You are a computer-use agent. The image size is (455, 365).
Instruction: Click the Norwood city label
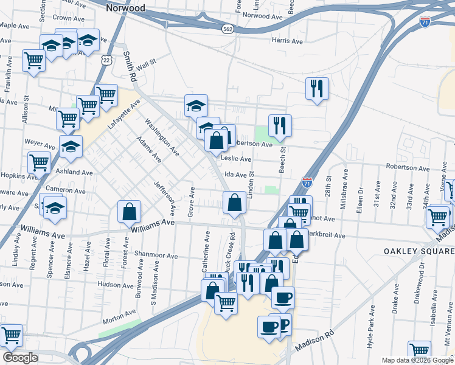point(125,9)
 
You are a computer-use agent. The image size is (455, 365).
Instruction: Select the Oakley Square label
point(419,251)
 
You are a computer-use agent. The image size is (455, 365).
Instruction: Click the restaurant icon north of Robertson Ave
point(280,126)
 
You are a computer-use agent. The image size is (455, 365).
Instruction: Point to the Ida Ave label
point(235,175)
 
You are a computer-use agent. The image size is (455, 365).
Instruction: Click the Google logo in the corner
point(19,358)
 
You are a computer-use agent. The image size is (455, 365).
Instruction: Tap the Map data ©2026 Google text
point(417,360)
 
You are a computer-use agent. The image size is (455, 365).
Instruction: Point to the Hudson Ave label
point(114,284)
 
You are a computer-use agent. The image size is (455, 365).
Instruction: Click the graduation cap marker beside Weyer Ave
point(71,147)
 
